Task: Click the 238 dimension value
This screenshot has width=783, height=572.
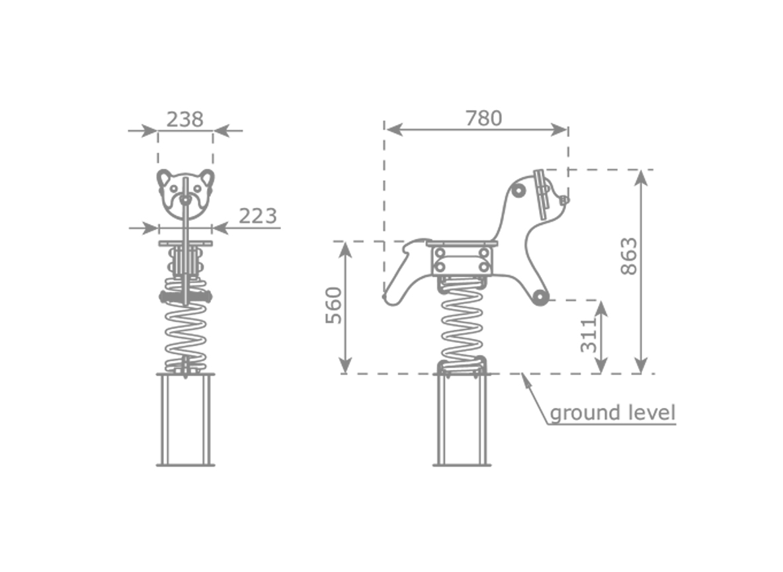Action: pos(185,120)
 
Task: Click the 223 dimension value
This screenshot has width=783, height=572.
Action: pos(258,216)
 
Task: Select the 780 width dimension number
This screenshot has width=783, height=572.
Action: pos(483,119)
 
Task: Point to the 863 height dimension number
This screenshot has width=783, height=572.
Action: pos(629,256)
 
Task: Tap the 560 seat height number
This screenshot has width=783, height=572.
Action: pos(333,305)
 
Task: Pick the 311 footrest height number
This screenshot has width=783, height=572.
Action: pos(589,335)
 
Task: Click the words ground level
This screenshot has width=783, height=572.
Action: pos(613,413)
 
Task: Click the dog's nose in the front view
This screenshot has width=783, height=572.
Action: pos(185,199)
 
